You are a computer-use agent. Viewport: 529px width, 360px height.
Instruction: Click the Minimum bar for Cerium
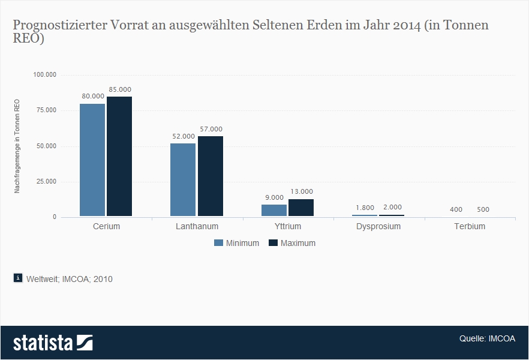[92, 160]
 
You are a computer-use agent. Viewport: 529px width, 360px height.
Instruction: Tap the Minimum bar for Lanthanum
[183, 179]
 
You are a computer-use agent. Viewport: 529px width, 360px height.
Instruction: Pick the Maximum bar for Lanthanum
[211, 176]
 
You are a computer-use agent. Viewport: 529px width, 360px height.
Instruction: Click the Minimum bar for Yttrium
[274, 210]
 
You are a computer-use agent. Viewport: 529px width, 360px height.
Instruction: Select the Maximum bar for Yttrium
[301, 207]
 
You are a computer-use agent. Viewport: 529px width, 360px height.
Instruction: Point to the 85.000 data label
[120, 89]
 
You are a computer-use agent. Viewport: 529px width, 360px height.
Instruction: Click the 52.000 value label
[183, 136]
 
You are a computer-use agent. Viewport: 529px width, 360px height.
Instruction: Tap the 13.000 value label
[301, 191]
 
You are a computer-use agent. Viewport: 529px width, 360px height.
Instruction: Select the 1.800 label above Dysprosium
[365, 208]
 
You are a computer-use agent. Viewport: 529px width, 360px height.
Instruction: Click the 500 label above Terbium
[483, 209]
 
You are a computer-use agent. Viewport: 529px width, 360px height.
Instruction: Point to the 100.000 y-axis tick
[44, 75]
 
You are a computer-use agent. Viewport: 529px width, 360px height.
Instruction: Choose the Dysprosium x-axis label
[378, 227]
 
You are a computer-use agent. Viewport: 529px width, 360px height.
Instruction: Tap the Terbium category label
[470, 227]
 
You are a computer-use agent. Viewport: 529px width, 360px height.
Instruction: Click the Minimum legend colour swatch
[219, 243]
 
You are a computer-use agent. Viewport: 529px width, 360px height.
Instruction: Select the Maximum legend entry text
[298, 243]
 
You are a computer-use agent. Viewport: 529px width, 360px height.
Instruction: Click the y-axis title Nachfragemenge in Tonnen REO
[17, 146]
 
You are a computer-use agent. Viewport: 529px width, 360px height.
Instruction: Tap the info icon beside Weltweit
[18, 278]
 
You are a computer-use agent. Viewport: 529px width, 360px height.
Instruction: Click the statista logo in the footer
[53, 343]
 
